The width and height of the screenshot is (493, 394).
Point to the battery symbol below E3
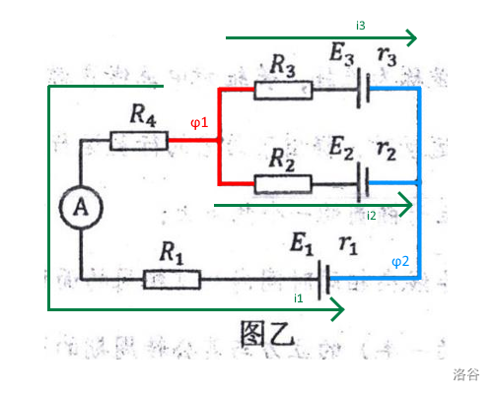(x=364, y=88)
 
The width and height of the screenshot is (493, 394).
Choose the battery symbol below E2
(x=363, y=182)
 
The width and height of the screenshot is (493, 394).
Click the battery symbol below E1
(x=323, y=280)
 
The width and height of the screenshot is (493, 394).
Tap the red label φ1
(x=199, y=123)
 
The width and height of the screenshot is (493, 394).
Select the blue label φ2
(x=400, y=262)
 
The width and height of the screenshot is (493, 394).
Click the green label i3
(x=361, y=26)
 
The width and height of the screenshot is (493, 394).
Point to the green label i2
(x=371, y=216)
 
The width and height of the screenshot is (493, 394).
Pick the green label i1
(x=299, y=298)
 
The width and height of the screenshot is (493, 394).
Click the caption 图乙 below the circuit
(x=267, y=334)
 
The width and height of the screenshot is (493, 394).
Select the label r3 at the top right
(x=387, y=56)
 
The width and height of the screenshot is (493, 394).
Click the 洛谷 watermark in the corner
(x=466, y=374)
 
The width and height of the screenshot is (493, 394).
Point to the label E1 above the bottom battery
(x=302, y=243)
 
